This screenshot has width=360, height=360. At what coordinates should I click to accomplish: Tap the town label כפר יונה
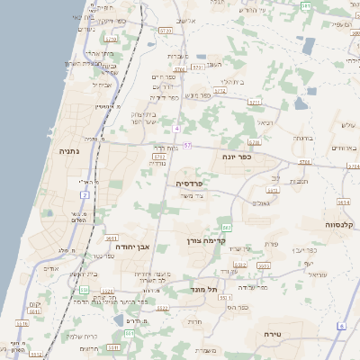(x=237, y=156)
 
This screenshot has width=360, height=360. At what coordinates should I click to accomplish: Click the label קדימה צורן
(x=207, y=241)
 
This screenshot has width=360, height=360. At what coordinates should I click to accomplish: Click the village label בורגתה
(x=302, y=138)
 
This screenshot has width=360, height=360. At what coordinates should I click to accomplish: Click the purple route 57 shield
(x=186, y=144)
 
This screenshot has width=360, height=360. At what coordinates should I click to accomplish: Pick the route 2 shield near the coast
(x=85, y=194)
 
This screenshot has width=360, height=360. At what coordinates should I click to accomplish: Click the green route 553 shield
(x=84, y=291)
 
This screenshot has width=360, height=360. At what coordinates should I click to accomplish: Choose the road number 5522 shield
(x=162, y=308)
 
